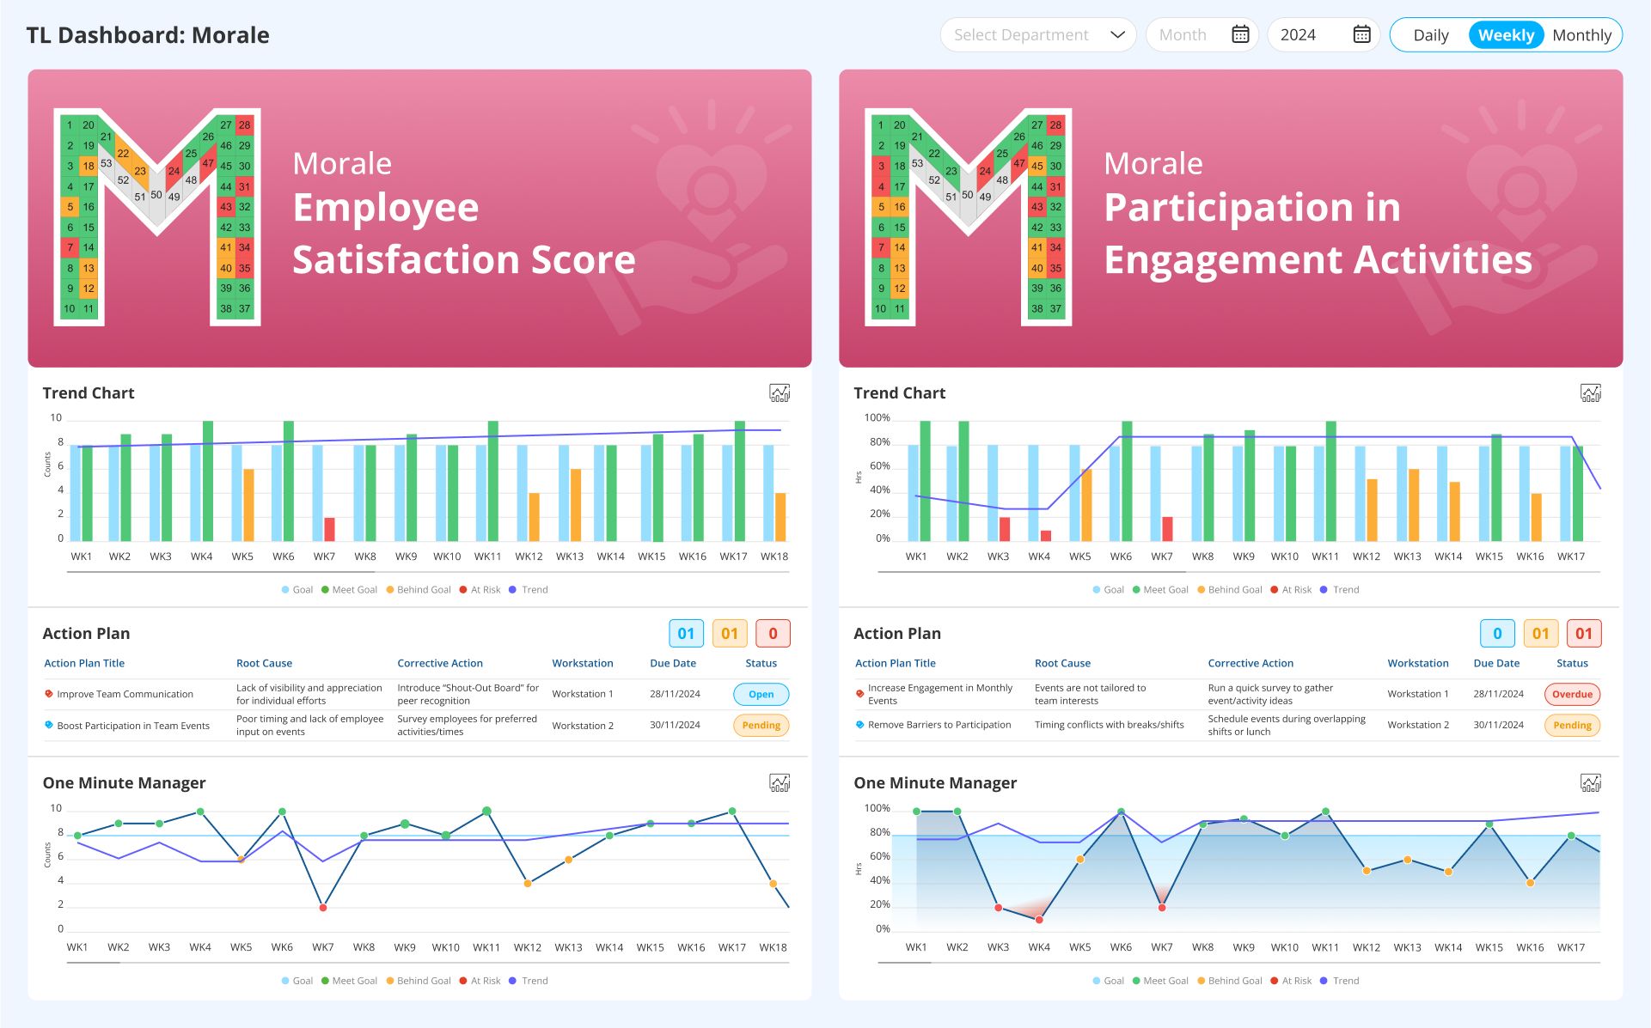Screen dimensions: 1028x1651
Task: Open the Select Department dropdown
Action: [x=1037, y=35]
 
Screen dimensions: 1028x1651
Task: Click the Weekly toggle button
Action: [x=1506, y=35]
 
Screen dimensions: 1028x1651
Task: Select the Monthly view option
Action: [x=1581, y=35]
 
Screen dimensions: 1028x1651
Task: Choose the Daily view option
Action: [x=1430, y=35]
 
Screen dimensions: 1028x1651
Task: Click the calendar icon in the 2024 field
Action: [x=1361, y=34]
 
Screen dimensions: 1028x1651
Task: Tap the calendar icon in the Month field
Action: [x=1240, y=34]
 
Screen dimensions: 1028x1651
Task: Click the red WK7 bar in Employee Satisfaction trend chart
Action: [x=329, y=529]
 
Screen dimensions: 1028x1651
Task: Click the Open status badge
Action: [x=761, y=694]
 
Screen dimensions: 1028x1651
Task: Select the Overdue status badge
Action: [x=1572, y=694]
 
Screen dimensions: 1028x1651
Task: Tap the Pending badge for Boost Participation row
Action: [x=761, y=726]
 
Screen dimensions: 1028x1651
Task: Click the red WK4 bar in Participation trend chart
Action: [x=1046, y=536]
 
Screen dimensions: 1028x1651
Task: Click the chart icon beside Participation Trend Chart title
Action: [x=1590, y=393]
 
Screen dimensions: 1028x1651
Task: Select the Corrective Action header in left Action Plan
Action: [x=440, y=663]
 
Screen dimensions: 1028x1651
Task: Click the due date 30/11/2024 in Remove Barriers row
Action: [x=1498, y=725]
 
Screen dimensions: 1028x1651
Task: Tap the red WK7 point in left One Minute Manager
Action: [x=323, y=907]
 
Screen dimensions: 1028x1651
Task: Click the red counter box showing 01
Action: [x=1583, y=634]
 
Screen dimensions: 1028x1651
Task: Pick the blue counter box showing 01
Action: [x=686, y=634]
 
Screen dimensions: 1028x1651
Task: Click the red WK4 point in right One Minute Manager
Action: [x=1039, y=920]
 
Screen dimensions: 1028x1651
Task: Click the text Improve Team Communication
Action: [x=125, y=694]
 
